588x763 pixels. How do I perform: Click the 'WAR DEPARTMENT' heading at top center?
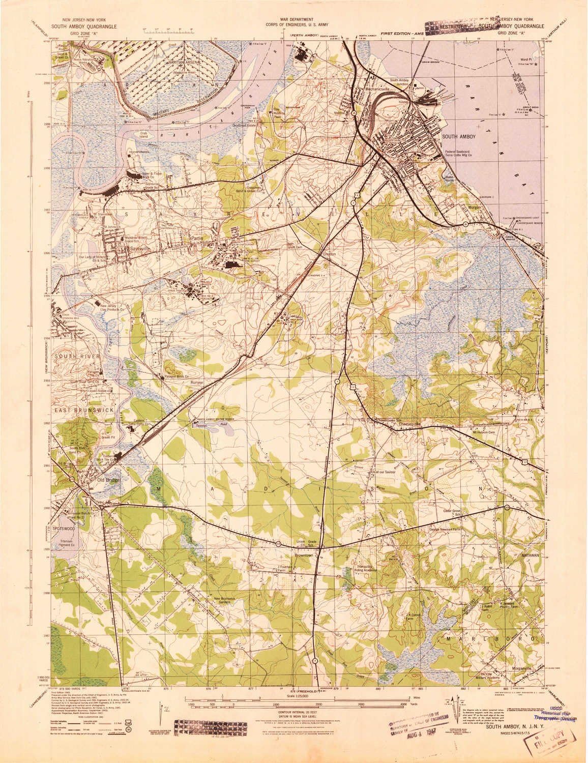tap(294, 18)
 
